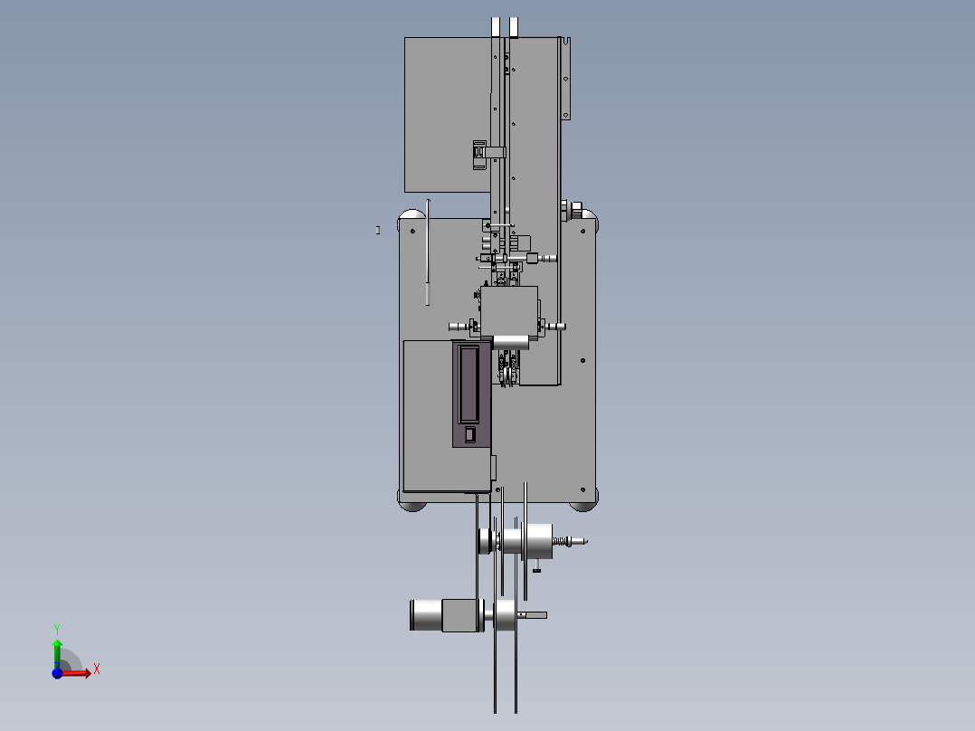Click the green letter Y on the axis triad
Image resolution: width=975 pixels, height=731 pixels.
click(x=57, y=629)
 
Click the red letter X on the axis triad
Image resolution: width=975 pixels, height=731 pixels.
click(x=97, y=669)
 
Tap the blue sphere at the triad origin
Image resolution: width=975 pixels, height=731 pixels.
click(x=57, y=673)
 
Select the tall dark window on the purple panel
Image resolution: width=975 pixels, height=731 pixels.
click(x=469, y=384)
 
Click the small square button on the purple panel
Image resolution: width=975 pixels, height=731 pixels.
click(x=470, y=434)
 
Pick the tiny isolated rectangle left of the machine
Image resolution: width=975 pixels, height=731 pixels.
click(x=377, y=230)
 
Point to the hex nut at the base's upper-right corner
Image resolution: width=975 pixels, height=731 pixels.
click(x=575, y=208)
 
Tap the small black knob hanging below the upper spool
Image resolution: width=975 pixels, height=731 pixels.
click(x=536, y=569)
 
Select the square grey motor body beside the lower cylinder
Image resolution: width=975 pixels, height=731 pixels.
click(x=463, y=615)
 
